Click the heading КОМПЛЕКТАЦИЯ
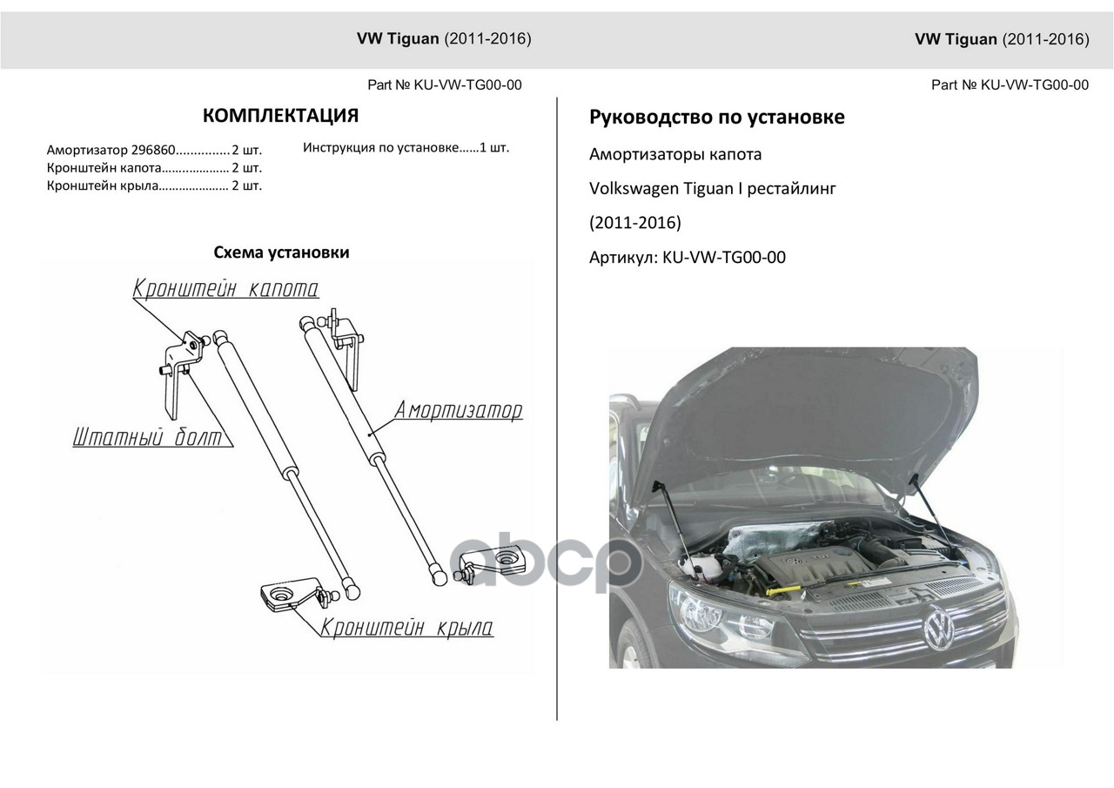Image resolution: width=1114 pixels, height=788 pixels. tap(280, 116)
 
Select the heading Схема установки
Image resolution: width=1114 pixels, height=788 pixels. tap(281, 253)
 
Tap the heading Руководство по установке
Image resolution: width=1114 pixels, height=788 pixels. tap(716, 117)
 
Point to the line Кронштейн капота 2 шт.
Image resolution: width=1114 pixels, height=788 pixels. tap(154, 168)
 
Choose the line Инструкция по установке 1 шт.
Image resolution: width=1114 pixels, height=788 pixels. tap(406, 147)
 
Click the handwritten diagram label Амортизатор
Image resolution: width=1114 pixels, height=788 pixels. tap(459, 410)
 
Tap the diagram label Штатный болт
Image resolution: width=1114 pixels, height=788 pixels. tap(147, 438)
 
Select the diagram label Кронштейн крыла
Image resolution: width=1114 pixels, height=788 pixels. tap(406, 627)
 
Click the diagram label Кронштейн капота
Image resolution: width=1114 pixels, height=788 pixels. tap(225, 289)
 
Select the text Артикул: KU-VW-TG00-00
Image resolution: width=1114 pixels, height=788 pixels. tap(687, 258)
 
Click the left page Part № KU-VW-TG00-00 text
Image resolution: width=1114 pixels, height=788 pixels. tap(445, 84)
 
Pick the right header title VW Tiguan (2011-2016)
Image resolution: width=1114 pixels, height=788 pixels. tap(1002, 39)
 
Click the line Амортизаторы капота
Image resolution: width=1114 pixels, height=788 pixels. tap(674, 154)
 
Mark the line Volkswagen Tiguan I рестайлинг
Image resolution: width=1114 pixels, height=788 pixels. tap(712, 188)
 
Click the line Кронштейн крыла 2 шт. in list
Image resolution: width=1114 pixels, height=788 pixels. tap(154, 185)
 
